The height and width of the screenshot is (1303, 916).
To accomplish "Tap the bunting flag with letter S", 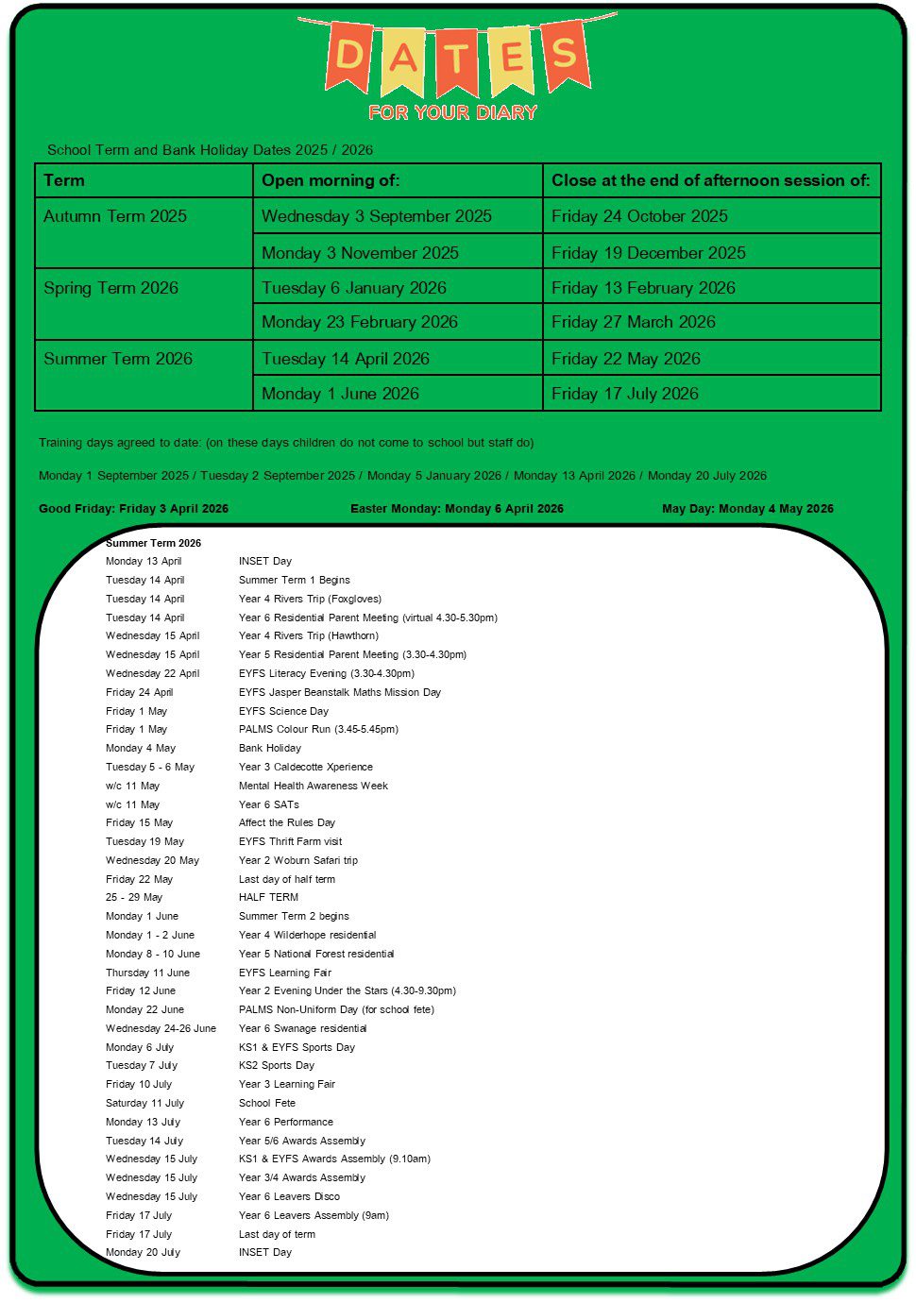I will pyautogui.click(x=565, y=54).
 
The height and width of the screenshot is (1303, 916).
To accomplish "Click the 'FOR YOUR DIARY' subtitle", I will pyautogui.click(x=452, y=112).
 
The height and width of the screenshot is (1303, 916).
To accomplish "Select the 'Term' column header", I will pyautogui.click(x=64, y=180).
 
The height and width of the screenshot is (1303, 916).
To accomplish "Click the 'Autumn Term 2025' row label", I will pyautogui.click(x=115, y=216).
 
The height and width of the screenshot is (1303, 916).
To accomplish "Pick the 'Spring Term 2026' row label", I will pyautogui.click(x=110, y=288).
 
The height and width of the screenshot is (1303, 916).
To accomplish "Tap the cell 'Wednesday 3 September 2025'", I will pyautogui.click(x=377, y=216).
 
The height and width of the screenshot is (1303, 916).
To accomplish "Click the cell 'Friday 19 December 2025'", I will pyautogui.click(x=649, y=253).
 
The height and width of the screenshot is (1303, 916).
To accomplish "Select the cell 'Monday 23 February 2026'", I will pyautogui.click(x=360, y=322).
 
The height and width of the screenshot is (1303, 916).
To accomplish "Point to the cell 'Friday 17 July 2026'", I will pyautogui.click(x=625, y=394).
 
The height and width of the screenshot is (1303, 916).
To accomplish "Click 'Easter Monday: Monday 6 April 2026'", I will pyautogui.click(x=457, y=508).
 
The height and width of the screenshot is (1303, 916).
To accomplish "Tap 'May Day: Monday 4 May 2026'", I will pyautogui.click(x=748, y=508).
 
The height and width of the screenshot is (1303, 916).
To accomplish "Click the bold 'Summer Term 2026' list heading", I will pyautogui.click(x=153, y=543).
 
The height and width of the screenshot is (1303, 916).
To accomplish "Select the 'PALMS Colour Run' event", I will pyautogui.click(x=318, y=729).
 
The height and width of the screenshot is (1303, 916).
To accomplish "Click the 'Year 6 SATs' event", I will pyautogui.click(x=269, y=804).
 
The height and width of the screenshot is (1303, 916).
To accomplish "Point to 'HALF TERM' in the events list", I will pyautogui.click(x=268, y=897).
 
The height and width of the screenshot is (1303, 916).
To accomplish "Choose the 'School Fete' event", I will pyautogui.click(x=267, y=1103).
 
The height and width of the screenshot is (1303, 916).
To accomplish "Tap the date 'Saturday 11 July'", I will pyautogui.click(x=144, y=1103).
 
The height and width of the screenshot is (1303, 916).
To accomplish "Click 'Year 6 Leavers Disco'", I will pyautogui.click(x=289, y=1196).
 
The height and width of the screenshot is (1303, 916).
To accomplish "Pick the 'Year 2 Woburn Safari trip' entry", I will pyautogui.click(x=298, y=860).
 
